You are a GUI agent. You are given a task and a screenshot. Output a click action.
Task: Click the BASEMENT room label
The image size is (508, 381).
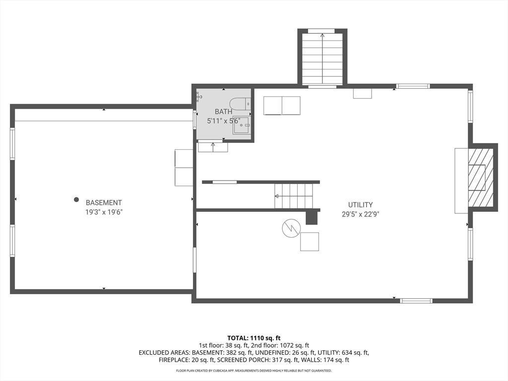click(x=104, y=203)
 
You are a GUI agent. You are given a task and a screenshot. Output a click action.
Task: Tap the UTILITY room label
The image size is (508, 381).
click(x=360, y=205)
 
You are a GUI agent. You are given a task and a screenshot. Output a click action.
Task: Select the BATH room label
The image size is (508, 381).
click(x=224, y=112)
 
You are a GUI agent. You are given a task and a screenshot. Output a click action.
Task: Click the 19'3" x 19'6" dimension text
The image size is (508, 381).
click(x=104, y=212)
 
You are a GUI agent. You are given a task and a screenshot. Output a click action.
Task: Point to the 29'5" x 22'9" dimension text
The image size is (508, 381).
click(x=360, y=214)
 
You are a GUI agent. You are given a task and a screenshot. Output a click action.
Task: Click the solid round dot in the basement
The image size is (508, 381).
click(x=76, y=199)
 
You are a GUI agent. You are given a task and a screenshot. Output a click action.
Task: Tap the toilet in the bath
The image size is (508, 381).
click(x=240, y=104)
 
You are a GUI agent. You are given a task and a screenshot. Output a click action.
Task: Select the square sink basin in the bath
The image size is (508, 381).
click(x=241, y=126)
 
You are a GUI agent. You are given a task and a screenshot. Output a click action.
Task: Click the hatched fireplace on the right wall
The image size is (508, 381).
click(x=480, y=178)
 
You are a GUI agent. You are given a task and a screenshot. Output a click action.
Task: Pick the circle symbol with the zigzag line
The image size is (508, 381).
click(x=291, y=228)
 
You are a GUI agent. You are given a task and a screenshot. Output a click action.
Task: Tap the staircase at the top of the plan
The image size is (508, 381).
click(x=322, y=59)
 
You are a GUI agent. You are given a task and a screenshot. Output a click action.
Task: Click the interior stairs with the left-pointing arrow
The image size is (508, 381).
click(x=294, y=196)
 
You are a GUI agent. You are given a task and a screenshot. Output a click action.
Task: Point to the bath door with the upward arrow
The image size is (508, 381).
click(x=213, y=147)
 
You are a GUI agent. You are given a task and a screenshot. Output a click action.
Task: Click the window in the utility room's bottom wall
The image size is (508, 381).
click(x=416, y=301)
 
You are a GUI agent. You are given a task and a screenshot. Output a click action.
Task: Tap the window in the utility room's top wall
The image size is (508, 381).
click(x=413, y=86)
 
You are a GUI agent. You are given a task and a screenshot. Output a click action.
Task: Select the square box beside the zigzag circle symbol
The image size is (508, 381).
click(x=310, y=242)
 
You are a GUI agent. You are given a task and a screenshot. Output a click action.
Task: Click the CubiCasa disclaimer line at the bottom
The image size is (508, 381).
click(x=254, y=371)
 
